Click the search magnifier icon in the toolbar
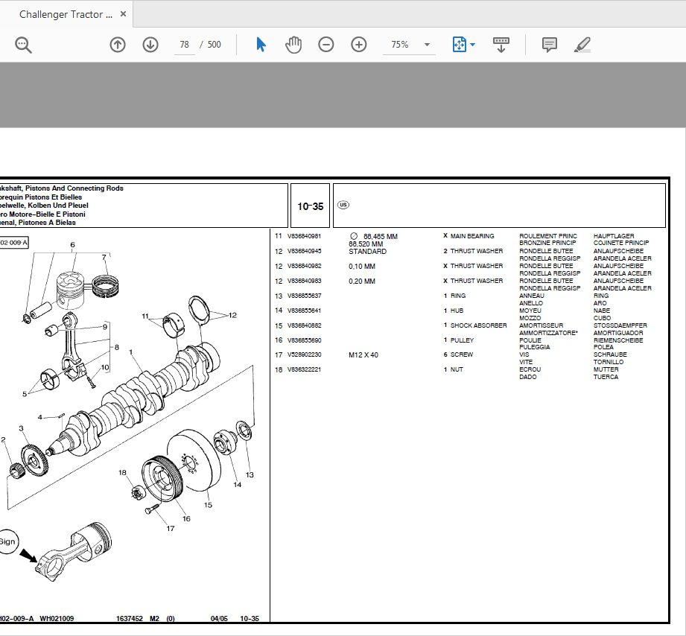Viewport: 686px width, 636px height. click(23, 45)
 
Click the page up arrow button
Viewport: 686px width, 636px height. click(117, 45)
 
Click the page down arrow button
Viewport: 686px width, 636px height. click(150, 45)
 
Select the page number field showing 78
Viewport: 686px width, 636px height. click(184, 45)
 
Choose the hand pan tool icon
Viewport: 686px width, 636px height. click(293, 45)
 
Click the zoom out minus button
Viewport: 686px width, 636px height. click(326, 45)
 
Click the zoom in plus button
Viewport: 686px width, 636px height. click(359, 45)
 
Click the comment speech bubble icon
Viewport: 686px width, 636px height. click(550, 45)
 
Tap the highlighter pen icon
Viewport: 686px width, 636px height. click(582, 45)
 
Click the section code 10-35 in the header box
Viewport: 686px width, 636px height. click(311, 206)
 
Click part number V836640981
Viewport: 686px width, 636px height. click(304, 236)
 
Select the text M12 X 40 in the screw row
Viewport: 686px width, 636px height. click(363, 355)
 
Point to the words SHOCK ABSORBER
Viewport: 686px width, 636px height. click(478, 325)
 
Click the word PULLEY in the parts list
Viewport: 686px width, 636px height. click(462, 340)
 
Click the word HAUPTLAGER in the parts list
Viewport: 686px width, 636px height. click(614, 236)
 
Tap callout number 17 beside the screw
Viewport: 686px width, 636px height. click(171, 529)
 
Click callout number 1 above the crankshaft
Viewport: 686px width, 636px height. click(130, 352)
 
